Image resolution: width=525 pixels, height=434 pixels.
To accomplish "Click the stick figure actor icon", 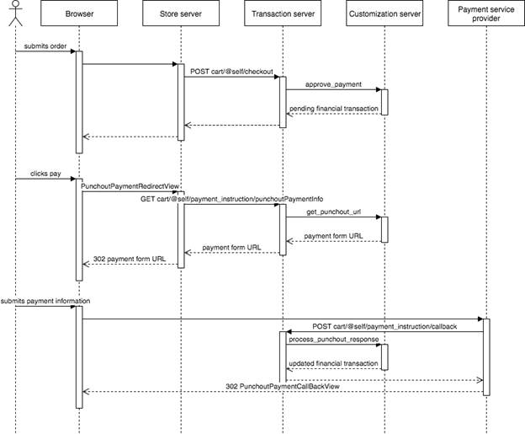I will [x=15, y=14].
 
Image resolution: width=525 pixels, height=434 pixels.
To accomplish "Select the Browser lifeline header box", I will [x=79, y=14].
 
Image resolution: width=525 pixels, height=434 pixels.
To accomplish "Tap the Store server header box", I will [x=179, y=14].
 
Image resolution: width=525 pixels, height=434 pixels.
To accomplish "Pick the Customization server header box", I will [x=384, y=14].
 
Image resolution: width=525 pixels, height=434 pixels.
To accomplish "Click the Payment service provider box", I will [x=485, y=14].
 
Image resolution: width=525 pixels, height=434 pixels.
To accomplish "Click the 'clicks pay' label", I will [x=45, y=172].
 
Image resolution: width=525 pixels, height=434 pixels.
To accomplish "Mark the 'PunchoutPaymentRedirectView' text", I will [x=131, y=185].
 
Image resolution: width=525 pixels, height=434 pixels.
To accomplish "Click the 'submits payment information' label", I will [x=45, y=300].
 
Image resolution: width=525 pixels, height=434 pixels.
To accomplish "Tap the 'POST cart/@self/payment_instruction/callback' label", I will [x=384, y=325].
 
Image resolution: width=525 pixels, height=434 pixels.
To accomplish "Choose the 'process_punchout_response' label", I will [x=332, y=338].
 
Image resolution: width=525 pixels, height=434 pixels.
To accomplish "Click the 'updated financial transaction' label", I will [x=332, y=363].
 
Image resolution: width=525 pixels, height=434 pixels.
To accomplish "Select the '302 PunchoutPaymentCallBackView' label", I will [x=282, y=386].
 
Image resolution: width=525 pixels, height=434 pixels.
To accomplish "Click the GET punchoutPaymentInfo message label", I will [x=231, y=198].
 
